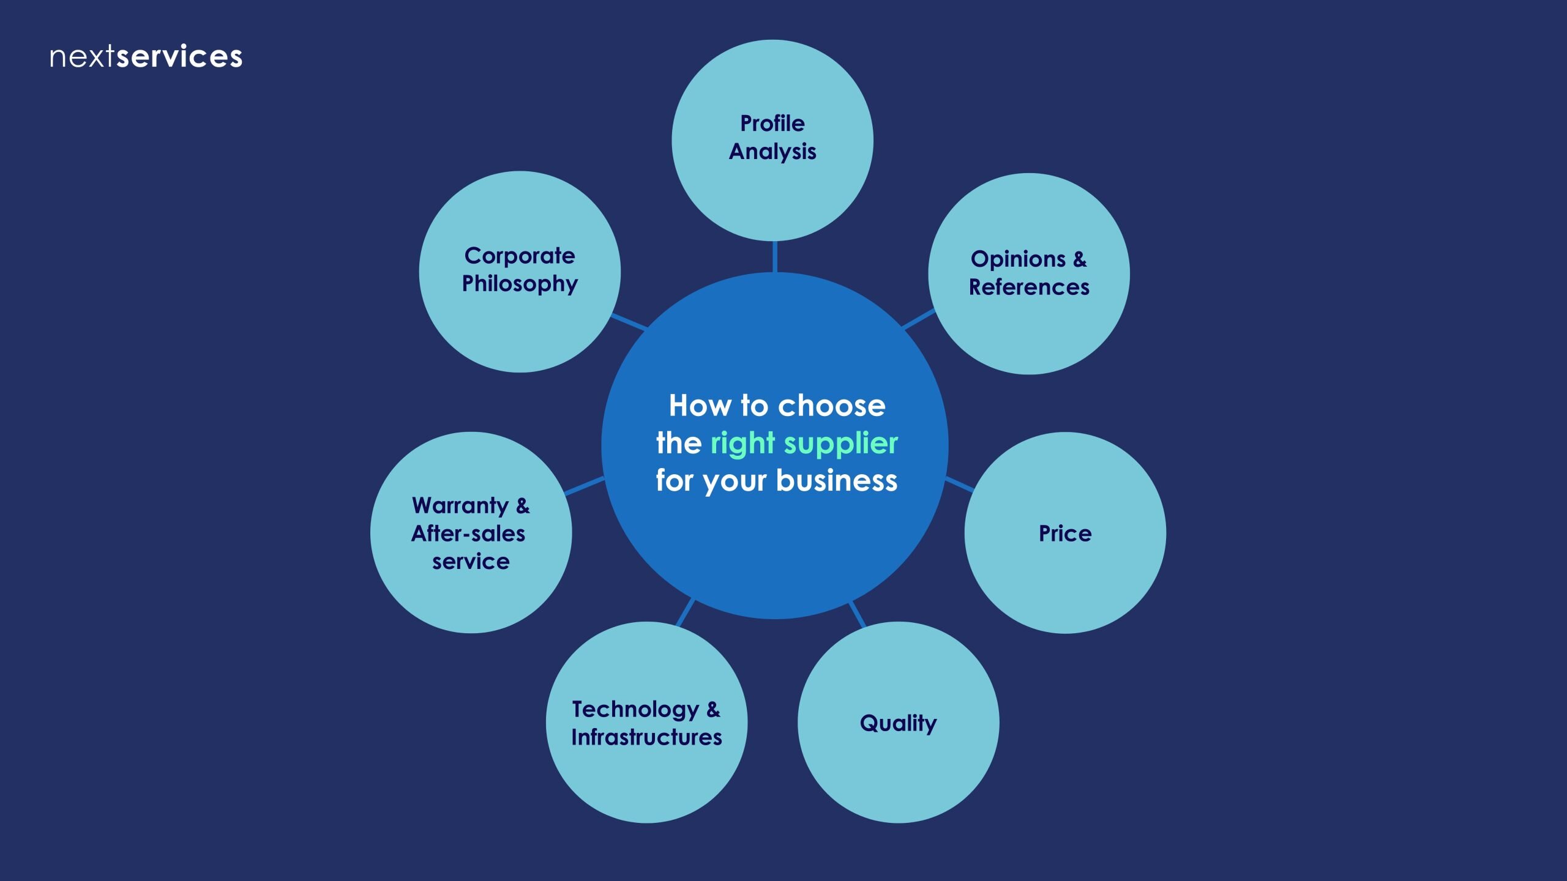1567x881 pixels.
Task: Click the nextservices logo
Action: (146, 57)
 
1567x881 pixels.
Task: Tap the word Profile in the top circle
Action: (772, 124)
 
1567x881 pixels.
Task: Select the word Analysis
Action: (772, 152)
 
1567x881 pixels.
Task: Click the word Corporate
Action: (520, 256)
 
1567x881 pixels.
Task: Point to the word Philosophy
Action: (520, 284)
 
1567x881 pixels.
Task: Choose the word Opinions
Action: (1018, 259)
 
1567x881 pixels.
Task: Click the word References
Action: (1029, 287)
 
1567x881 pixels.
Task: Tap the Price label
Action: (1065, 533)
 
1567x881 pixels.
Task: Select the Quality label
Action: (898, 723)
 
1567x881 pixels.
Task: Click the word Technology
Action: (635, 710)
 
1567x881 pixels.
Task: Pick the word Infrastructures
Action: (646, 737)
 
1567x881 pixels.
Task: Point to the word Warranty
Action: (460, 506)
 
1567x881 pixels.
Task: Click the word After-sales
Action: (468, 533)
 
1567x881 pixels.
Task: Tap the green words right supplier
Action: (804, 443)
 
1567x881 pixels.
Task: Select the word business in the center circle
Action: (837, 480)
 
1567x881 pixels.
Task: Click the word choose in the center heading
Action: (831, 406)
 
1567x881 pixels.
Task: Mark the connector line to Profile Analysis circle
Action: (775, 257)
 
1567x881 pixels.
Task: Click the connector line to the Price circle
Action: (959, 485)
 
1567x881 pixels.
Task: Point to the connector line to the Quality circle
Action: (857, 614)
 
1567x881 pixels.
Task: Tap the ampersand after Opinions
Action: (1080, 259)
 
